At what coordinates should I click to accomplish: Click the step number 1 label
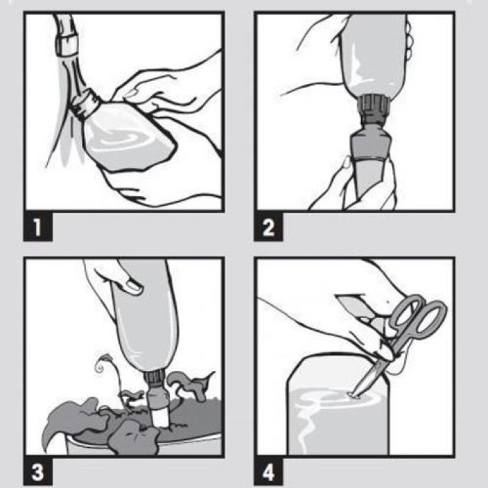point(37,227)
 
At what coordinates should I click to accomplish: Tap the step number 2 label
point(268,227)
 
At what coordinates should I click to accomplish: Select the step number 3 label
point(37,472)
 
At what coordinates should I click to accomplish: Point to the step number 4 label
point(268,472)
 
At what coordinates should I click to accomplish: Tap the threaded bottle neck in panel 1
point(85,104)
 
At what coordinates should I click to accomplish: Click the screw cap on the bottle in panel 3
point(155,379)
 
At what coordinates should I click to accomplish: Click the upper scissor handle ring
point(406,312)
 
